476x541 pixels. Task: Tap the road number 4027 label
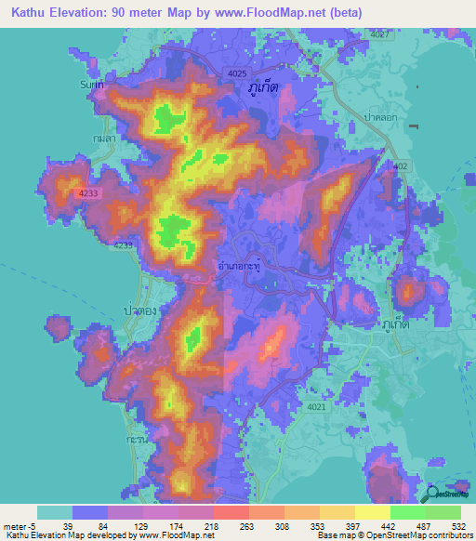point(378,34)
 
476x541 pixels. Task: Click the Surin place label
point(90,84)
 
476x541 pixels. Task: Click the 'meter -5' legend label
point(19,525)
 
